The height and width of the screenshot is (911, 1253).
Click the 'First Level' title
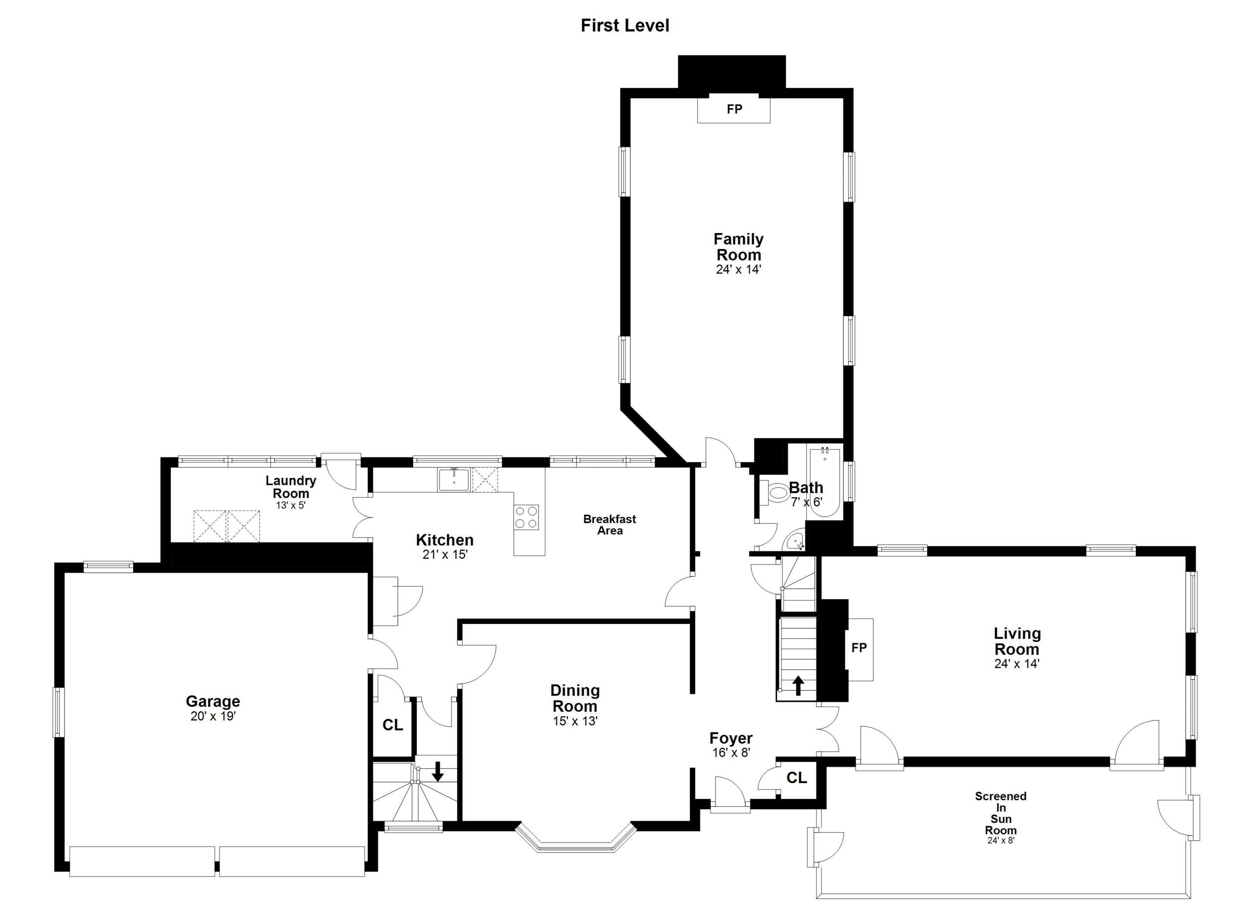tap(625, 25)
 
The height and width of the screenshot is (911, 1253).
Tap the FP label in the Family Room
tap(734, 109)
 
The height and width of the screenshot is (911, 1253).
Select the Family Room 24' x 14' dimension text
tap(739, 269)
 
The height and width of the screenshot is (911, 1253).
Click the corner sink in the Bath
tap(796, 541)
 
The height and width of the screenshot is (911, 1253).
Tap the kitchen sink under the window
tap(454, 479)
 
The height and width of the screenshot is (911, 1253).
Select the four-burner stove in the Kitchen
tap(527, 517)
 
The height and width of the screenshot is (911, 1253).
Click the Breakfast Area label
tap(609, 525)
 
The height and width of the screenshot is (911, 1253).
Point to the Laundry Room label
tap(291, 487)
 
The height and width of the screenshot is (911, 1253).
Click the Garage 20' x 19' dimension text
tap(213, 716)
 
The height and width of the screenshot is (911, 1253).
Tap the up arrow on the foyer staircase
tap(798, 685)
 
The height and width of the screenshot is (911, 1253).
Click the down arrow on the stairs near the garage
tap(438, 771)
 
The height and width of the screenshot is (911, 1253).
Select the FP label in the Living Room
tap(859, 648)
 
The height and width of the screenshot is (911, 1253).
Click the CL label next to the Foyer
tap(796, 778)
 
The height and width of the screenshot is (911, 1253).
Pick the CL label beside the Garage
tap(393, 725)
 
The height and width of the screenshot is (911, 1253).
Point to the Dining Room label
tap(575, 698)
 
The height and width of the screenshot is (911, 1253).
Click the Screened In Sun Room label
tap(1001, 813)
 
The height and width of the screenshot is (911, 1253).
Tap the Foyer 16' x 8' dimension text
tap(731, 752)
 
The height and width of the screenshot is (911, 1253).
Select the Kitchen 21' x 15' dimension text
tap(445, 555)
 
